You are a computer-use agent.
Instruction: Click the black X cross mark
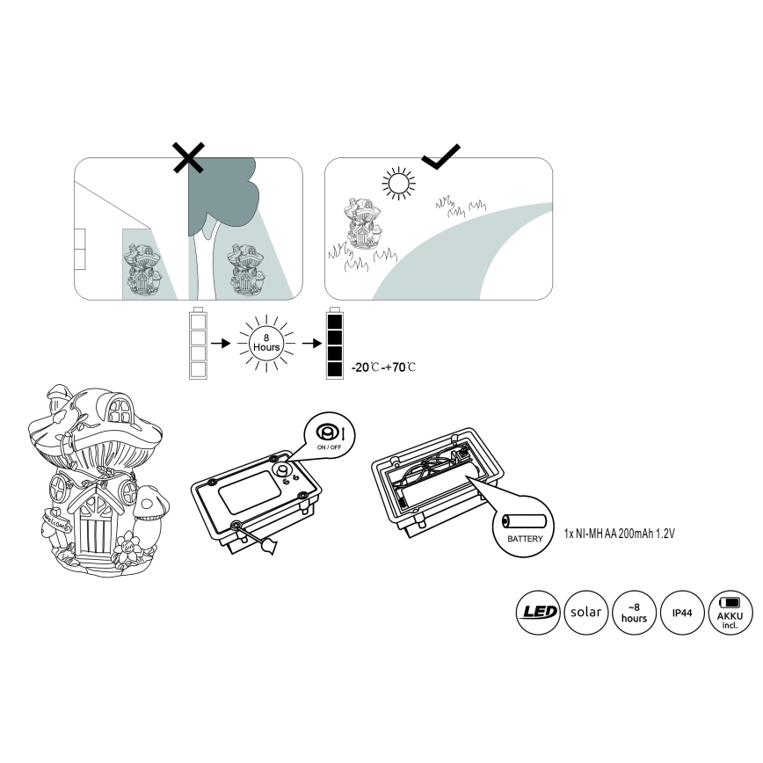click(x=189, y=157)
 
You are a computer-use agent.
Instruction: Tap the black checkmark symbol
click(x=441, y=156)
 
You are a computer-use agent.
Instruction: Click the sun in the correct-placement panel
click(x=398, y=184)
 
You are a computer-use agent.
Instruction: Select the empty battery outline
click(x=198, y=343)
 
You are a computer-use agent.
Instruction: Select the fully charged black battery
click(x=335, y=343)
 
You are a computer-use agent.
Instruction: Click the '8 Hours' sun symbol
click(x=266, y=343)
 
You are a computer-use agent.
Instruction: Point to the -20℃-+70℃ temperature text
click(x=383, y=367)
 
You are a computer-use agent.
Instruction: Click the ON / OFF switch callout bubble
click(x=330, y=435)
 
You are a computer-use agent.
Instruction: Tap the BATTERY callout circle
click(x=524, y=527)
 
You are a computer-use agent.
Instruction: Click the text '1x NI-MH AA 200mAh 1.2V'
click(x=620, y=534)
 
